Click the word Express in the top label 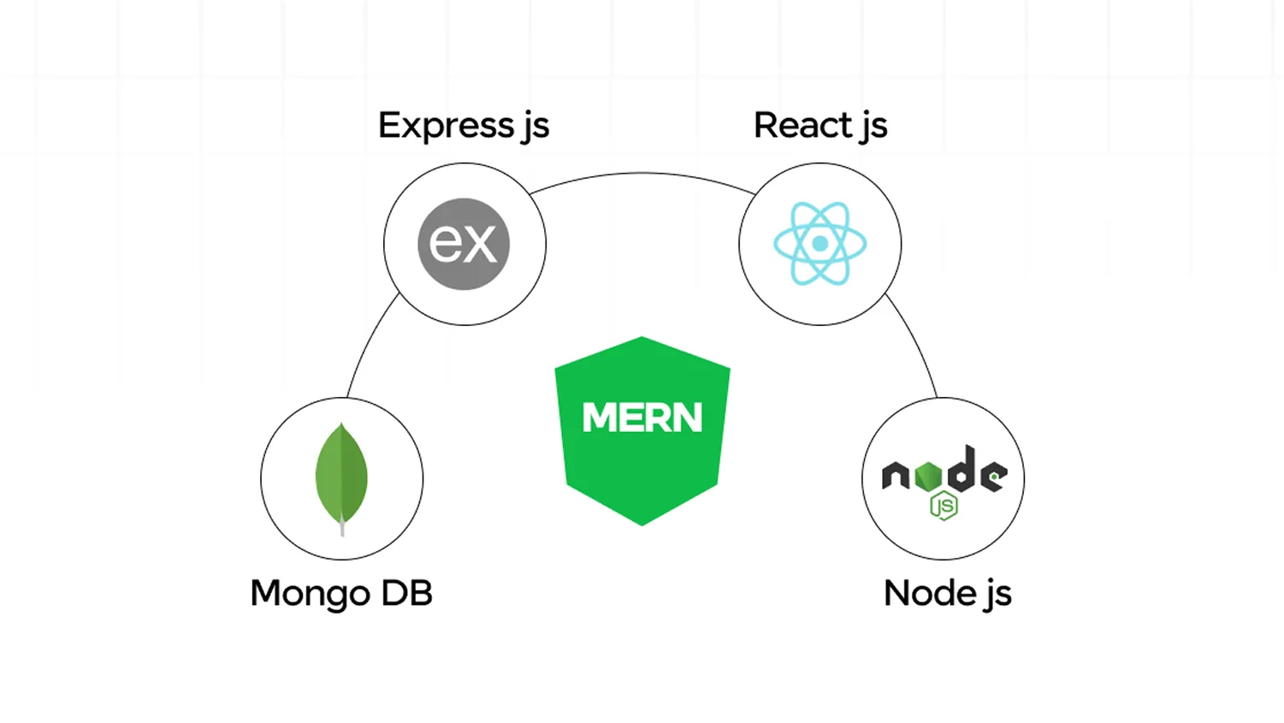(446, 126)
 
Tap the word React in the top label (802, 126)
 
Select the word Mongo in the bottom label (311, 594)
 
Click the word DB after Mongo (406, 593)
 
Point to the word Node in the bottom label (930, 593)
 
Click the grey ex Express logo (464, 244)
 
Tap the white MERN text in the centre (642, 418)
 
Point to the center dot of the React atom (820, 244)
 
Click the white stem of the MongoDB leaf (342, 527)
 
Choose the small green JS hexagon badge (944, 507)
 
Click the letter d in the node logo (962, 471)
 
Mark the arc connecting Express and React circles (642, 173)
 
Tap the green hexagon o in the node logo (928, 477)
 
